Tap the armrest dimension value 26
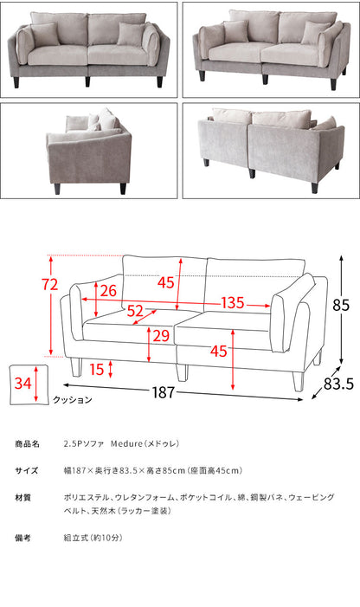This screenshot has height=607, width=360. coord(107,290)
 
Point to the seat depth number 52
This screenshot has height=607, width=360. coord(135,310)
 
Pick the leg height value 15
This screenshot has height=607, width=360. coord(97,370)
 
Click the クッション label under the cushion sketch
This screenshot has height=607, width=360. coord(70,400)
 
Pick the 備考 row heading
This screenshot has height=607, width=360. coord(23,538)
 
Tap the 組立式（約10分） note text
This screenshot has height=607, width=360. coord(98,538)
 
